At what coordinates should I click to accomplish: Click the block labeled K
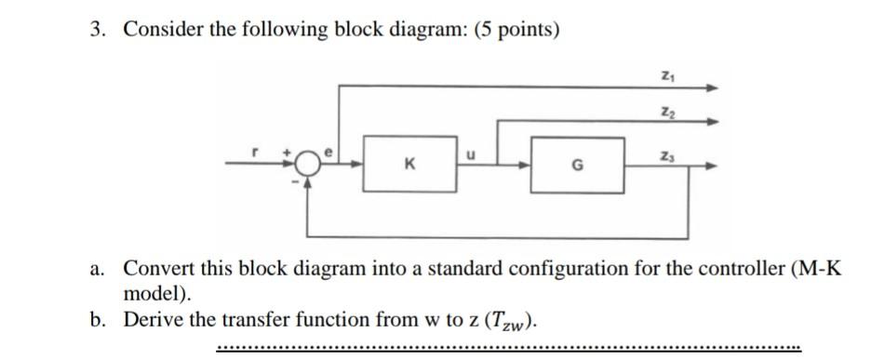[x=409, y=167]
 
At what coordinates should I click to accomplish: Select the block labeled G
[x=577, y=167]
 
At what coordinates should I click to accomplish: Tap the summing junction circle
[x=308, y=167]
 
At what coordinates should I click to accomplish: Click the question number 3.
[x=97, y=30]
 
